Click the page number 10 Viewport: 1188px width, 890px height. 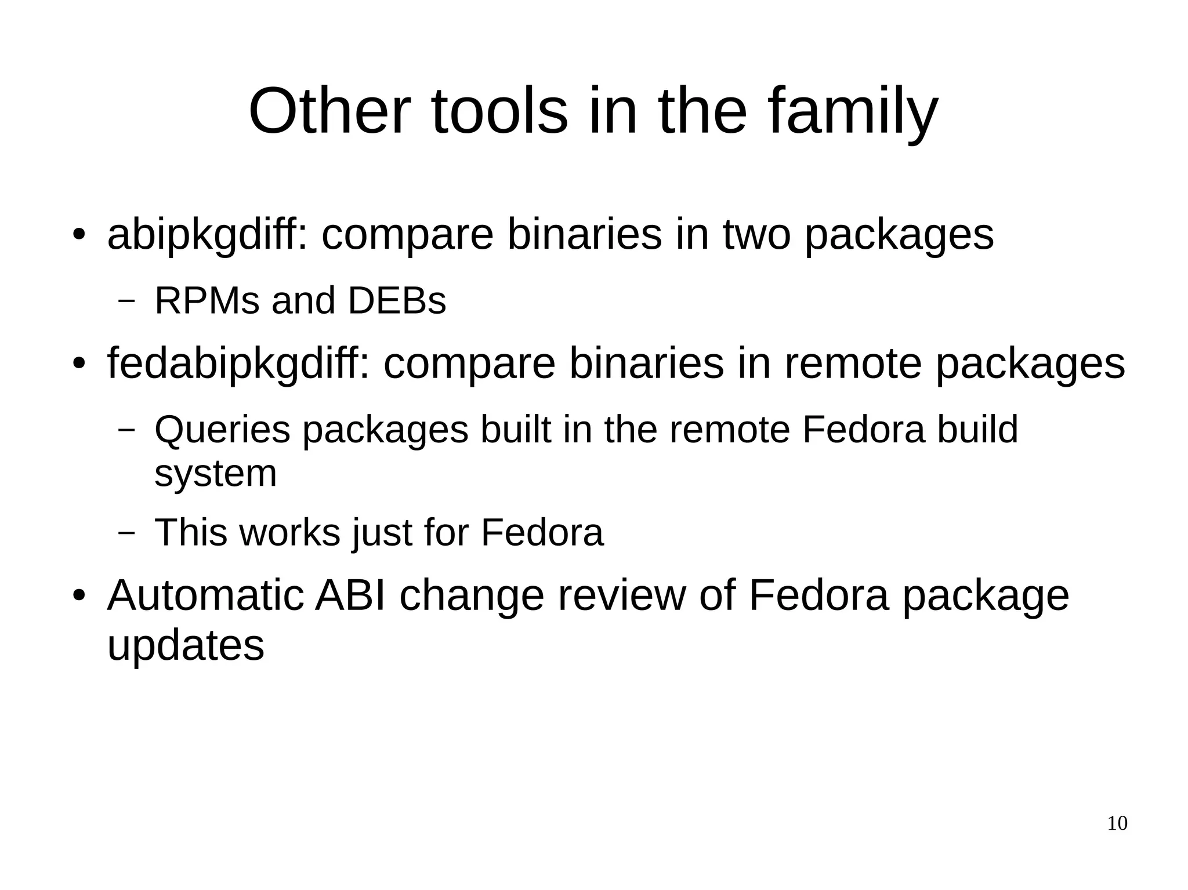pos(1117,824)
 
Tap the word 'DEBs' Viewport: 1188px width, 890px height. pos(397,301)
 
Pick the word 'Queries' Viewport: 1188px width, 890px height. pos(222,430)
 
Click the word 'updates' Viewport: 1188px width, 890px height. pos(186,646)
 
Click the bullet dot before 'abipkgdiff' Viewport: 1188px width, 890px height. pos(79,236)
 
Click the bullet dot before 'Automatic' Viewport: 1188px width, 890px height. pos(79,597)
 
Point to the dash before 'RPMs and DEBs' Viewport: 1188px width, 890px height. pos(126,301)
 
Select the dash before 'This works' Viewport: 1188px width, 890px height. pos(126,532)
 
